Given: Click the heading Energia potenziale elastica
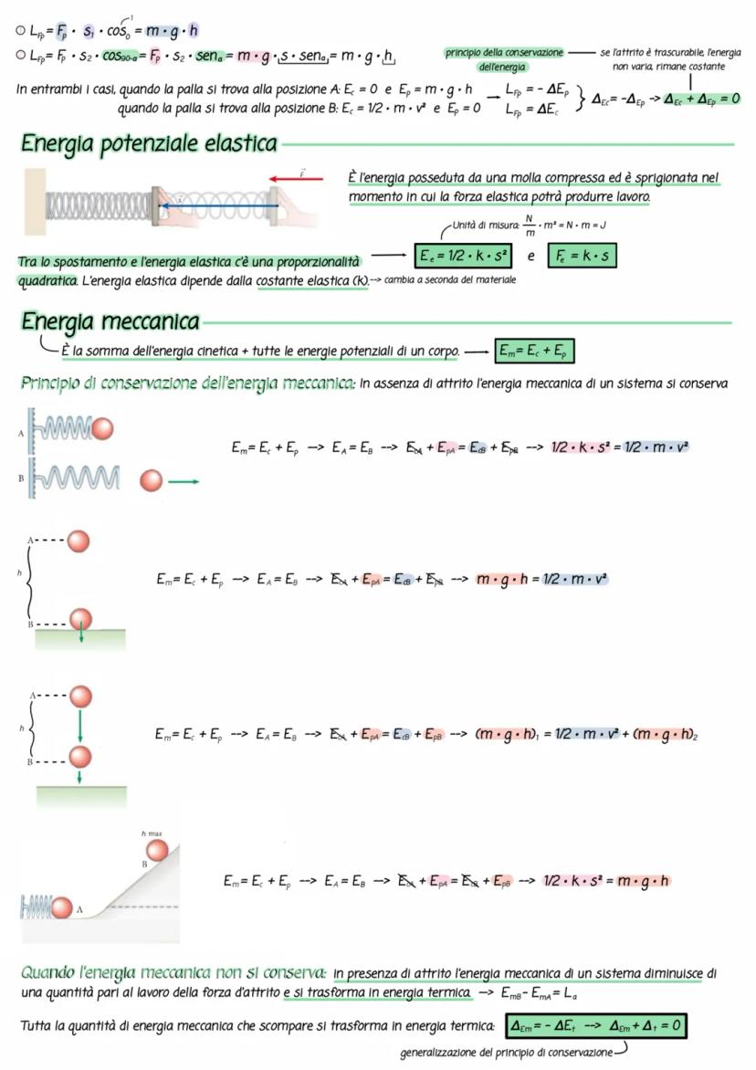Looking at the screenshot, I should coord(148,143).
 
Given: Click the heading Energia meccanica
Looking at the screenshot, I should coord(110,321).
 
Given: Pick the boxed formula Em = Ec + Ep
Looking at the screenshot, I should coord(534,351).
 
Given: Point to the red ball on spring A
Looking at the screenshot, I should coord(103,427).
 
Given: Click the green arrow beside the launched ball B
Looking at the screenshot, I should coord(184,480).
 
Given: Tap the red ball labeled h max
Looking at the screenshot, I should coord(158,850).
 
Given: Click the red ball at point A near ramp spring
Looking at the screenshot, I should coord(61,907).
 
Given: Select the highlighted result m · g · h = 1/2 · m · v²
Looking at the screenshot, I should coord(541,579).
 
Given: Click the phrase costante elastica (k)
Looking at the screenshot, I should coord(311,280).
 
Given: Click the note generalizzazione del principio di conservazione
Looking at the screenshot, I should coord(506,1054).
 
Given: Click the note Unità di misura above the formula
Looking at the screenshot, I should coord(483,222).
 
